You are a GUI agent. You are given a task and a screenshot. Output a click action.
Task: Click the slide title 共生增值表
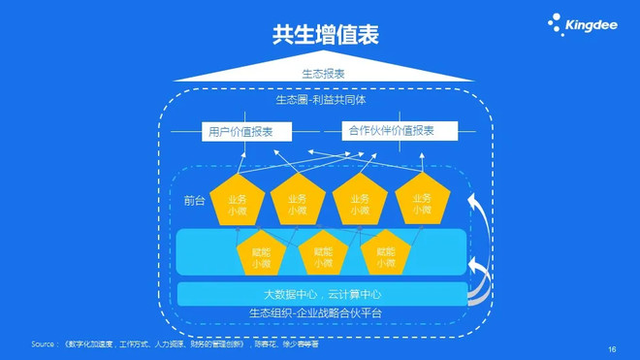click(324, 35)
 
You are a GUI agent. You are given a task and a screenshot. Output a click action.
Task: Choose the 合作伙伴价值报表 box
click(390, 131)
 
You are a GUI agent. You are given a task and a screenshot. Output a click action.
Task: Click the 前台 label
click(194, 200)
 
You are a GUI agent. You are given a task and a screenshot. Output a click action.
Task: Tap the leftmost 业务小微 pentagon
click(238, 202)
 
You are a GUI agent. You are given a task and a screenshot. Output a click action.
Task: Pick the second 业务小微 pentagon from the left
click(298, 202)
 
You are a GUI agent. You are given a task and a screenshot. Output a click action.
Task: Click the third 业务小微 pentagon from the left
click(359, 202)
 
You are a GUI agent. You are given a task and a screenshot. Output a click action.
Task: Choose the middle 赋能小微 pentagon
click(323, 256)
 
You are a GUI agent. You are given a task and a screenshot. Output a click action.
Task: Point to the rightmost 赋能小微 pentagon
click(385, 256)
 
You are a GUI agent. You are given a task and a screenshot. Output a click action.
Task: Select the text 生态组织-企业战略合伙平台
click(315, 312)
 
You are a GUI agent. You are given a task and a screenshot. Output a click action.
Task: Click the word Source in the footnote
click(45, 344)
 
